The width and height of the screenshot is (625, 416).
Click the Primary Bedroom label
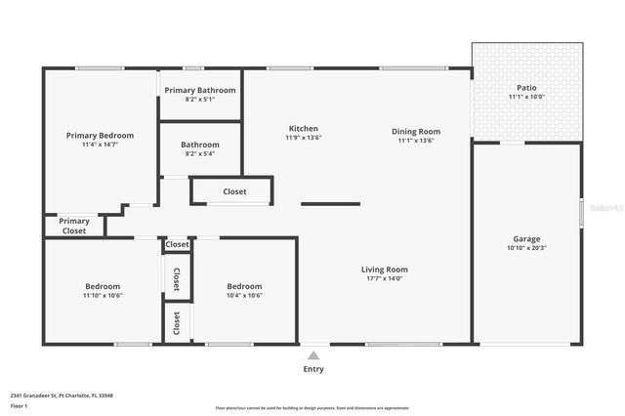100,135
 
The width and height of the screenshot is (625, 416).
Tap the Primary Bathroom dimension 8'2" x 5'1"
199,99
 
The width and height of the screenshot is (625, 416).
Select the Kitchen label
303,128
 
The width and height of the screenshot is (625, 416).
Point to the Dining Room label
416,131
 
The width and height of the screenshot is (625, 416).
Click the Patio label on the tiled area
526,87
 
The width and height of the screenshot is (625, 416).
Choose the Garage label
526,238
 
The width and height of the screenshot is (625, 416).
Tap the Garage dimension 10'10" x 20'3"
526,248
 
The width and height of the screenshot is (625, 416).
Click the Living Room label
384,269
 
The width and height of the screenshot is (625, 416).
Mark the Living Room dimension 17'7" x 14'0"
384,278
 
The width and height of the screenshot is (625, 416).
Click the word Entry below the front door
313,369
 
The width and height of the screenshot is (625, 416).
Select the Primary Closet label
73,226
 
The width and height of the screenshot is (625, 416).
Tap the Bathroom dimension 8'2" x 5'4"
199,153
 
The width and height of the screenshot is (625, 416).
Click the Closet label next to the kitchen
234,191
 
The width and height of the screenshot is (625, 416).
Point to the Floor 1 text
19,405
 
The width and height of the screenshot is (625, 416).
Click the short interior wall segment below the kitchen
330,204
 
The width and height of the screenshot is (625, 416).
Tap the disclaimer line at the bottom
312,408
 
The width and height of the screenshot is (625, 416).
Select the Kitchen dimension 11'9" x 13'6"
303,138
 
